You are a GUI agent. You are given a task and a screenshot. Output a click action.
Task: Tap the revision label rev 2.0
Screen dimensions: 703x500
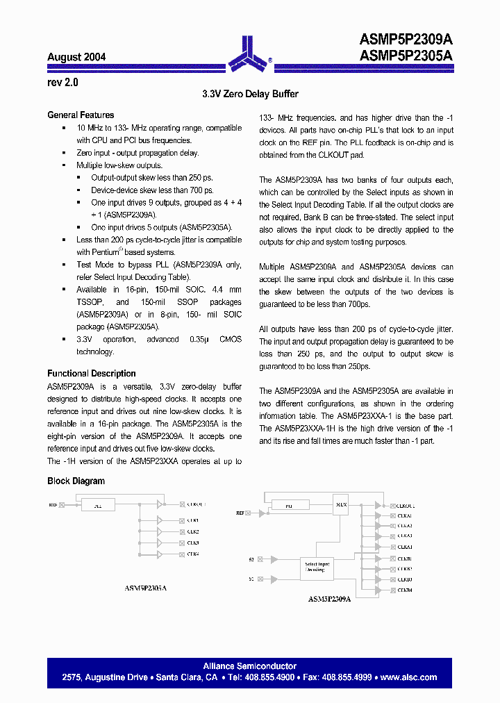tap(63, 82)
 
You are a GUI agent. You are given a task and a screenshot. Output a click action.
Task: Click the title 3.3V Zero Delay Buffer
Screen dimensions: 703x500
tap(250, 94)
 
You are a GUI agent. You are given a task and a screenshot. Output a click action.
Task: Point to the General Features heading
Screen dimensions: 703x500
tap(81, 115)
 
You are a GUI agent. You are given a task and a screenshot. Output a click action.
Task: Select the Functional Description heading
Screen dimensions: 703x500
tap(92, 374)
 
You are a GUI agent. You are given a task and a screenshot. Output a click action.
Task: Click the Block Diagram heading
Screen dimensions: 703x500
tap(76, 481)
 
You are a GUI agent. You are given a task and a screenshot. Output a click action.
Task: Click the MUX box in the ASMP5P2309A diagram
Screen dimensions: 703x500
tap(340, 505)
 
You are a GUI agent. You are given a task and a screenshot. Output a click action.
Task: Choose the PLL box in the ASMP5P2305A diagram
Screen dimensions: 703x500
tap(98, 507)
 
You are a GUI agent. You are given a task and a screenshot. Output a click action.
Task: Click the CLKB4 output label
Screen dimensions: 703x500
tap(404, 590)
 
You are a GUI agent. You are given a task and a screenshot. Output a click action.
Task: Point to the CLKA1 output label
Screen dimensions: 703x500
tap(404, 515)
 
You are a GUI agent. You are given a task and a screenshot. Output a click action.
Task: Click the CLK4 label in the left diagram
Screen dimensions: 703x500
tap(193, 554)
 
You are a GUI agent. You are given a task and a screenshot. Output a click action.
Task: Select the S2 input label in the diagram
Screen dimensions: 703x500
tap(251, 559)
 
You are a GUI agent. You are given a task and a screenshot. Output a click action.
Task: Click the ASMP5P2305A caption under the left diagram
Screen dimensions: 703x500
tap(145, 588)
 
